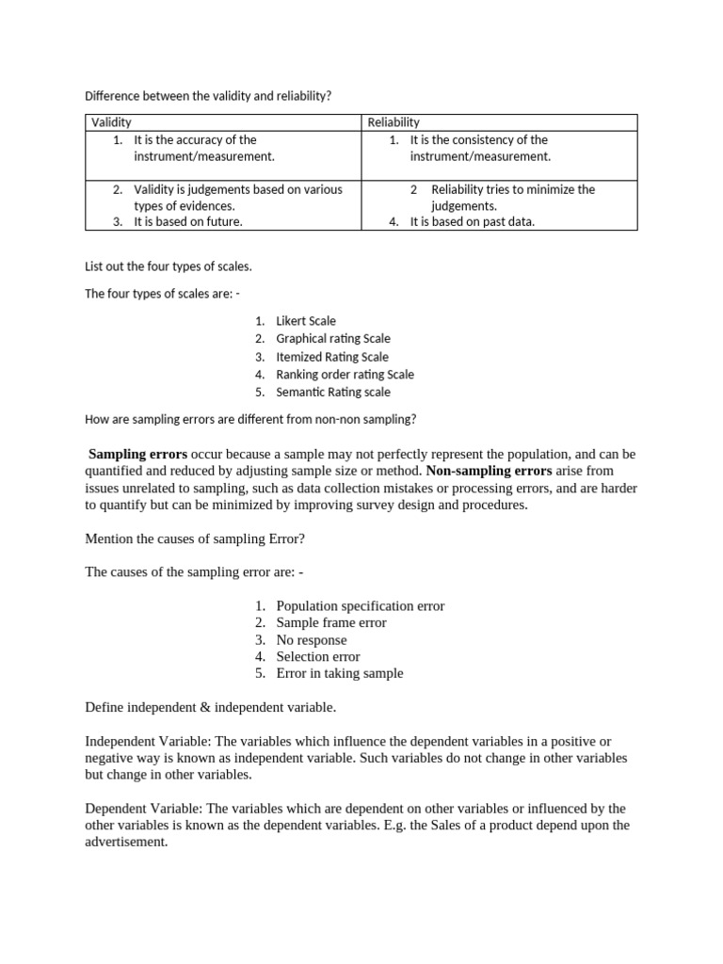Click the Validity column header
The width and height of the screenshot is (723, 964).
coord(111,122)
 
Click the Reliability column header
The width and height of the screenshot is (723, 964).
coord(394,122)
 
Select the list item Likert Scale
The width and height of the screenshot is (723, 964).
coord(306,321)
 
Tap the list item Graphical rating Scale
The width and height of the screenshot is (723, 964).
coord(333,339)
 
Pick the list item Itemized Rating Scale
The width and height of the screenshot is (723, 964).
coord(332,357)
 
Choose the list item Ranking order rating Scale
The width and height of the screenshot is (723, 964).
coord(345,375)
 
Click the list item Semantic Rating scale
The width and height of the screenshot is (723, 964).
coord(333,393)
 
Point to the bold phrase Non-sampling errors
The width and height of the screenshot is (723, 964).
coord(490,470)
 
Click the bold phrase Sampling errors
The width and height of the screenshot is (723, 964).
coord(137,453)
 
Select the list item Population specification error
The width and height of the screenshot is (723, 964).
coord(361,606)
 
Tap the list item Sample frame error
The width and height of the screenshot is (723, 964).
coord(331,623)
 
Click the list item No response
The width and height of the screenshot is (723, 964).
coord(312,640)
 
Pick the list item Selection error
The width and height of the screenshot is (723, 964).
coord(318,657)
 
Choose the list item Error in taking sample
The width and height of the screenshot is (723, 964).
coord(340,674)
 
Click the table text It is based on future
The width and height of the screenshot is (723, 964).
coord(188,222)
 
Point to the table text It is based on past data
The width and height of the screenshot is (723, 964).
coord(473,222)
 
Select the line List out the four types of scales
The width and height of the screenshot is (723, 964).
coord(169,267)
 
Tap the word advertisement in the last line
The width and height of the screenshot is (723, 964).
coord(125,843)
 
